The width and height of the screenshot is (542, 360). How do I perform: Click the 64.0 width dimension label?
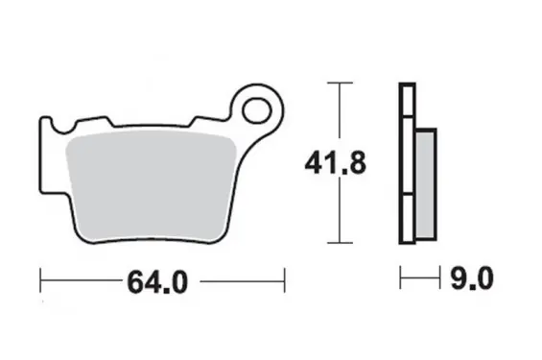157,282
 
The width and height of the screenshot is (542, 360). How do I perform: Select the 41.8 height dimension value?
336,163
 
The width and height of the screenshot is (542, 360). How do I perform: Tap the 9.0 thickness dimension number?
472,277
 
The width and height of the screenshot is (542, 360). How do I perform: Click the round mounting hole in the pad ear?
257,110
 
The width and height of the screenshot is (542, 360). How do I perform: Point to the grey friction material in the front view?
151,185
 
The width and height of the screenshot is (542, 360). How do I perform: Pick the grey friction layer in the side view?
425,184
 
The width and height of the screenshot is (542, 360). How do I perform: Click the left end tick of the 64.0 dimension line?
40,280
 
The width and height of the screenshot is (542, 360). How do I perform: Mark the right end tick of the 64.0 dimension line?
285,280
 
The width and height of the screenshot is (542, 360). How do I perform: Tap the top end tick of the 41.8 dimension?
341,83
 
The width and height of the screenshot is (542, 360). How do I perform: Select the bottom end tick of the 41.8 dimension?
341,243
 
